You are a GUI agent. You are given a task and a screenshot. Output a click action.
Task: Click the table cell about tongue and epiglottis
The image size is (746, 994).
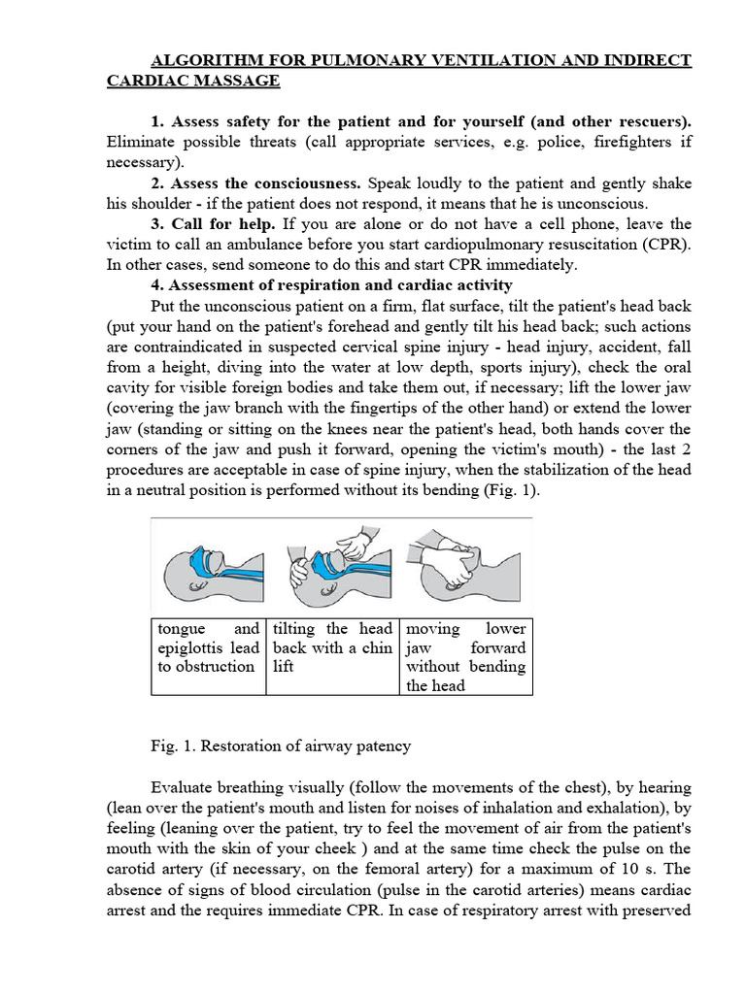208,647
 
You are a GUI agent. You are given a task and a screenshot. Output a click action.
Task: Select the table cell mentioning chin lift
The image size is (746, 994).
332,647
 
